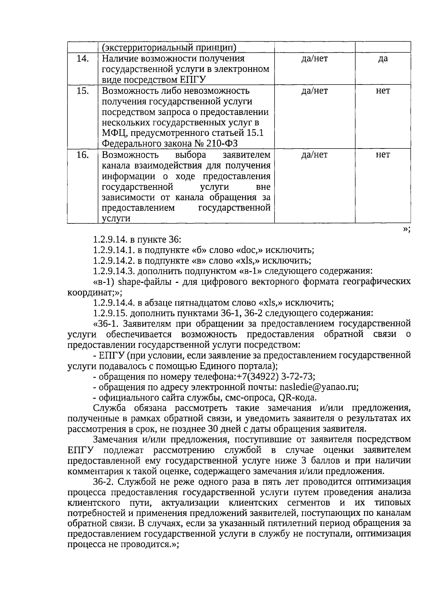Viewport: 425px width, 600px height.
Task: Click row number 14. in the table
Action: pos(83,59)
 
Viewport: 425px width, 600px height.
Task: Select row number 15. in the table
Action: pos(83,91)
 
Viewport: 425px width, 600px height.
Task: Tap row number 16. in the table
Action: pos(83,155)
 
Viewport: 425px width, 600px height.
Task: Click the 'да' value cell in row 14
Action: pos(383,59)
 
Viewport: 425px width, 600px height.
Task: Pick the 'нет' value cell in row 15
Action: pos(383,91)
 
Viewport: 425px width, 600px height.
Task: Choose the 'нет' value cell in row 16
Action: pos(383,155)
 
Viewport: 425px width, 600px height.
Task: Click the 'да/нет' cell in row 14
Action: pos(314,59)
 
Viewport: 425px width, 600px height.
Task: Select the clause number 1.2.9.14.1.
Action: pos(114,250)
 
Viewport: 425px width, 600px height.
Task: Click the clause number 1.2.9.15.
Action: pos(110,314)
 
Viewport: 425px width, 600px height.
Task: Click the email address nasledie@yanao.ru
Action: pos(318,387)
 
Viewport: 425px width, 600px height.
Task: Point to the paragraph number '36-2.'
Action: pos(104,482)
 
